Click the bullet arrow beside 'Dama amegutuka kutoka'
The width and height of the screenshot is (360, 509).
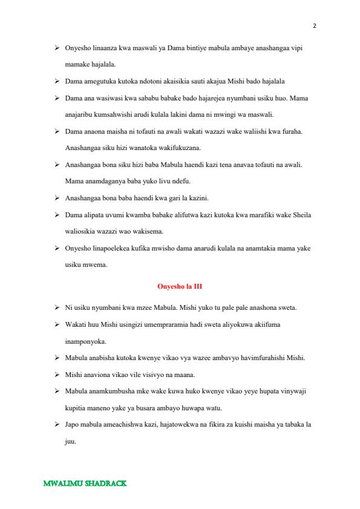tap(56, 80)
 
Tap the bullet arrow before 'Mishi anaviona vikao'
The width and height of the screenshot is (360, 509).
tap(56, 375)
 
